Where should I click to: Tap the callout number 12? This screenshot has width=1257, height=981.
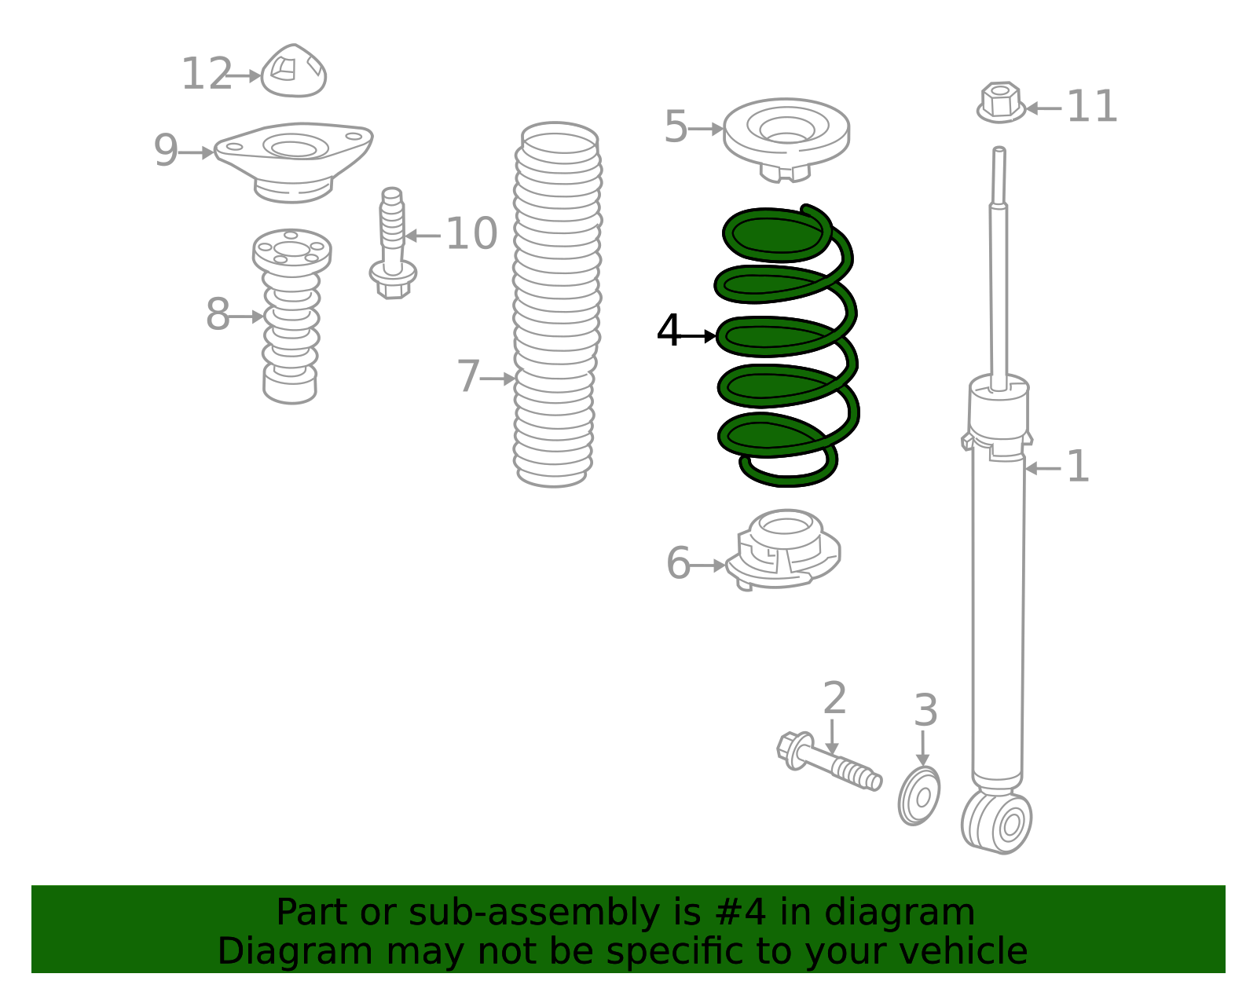[207, 75]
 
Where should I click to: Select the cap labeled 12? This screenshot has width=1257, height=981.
[294, 72]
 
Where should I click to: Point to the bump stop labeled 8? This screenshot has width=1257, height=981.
[291, 322]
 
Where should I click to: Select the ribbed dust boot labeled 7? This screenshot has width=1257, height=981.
[556, 306]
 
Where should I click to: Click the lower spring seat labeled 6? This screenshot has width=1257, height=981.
[783, 550]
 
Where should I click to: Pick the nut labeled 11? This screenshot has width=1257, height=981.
[1001, 103]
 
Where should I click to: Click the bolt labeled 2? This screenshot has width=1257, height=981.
[829, 762]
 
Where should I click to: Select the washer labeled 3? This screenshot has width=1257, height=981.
[919, 796]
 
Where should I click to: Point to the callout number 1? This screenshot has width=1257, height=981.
[1078, 467]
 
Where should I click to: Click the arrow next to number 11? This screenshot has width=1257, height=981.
[1043, 108]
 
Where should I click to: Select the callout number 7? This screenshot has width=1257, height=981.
[468, 377]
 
